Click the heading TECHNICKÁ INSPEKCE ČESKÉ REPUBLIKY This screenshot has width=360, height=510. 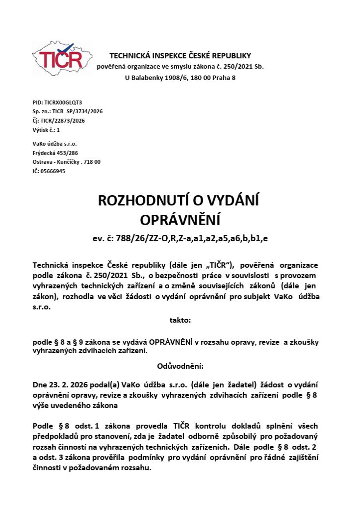point(180,55)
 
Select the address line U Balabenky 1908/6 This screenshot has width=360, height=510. point(180,77)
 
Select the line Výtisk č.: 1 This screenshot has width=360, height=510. point(46,130)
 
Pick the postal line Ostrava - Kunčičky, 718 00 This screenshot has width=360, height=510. point(66,162)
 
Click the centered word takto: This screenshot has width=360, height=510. point(180,320)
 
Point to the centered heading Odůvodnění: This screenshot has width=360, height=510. point(180,366)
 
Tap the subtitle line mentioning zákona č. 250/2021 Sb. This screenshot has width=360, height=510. point(180,66)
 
